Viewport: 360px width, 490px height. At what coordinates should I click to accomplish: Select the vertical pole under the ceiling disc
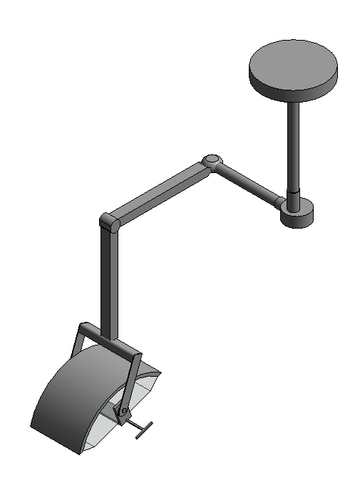click(293, 142)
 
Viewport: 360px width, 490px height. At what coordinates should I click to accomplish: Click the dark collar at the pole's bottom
click(294, 194)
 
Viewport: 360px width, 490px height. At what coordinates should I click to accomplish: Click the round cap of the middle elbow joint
click(211, 160)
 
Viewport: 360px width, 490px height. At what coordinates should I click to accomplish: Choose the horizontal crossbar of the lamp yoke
click(110, 341)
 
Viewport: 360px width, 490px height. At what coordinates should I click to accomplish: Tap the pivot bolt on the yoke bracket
click(123, 411)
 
